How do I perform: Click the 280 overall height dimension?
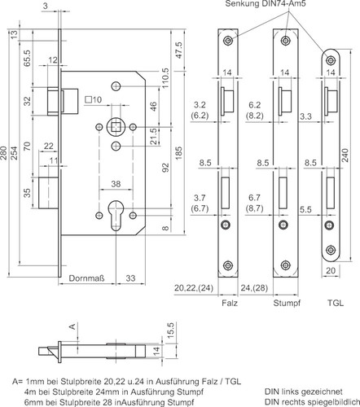tap(4, 153)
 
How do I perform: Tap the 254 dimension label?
tap(14, 153)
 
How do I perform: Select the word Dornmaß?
tap(86, 278)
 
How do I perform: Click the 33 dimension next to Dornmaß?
tap(130, 278)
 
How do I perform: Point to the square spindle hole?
tap(116, 127)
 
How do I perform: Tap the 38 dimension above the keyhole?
tap(116, 184)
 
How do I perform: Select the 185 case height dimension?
tap(178, 153)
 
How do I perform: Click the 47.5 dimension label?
tap(179, 50)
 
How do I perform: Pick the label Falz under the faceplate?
tap(230, 303)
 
